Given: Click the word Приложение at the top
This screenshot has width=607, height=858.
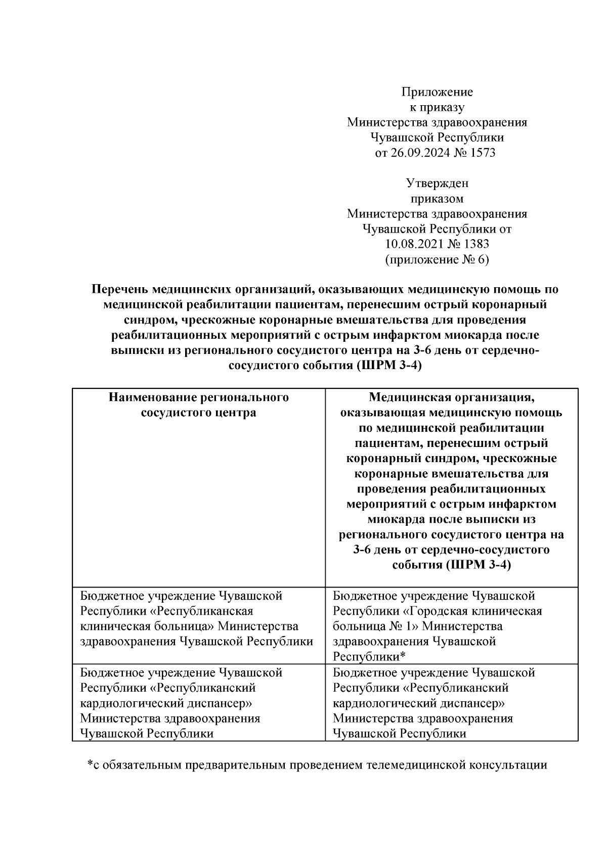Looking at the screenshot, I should point(437,92).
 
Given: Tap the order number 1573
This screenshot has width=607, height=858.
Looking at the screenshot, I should point(483,153).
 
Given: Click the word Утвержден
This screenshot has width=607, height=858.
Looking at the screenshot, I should point(437,183).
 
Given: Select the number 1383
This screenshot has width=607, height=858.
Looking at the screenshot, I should point(475,244).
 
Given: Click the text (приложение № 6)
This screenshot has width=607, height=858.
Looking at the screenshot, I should point(437,260).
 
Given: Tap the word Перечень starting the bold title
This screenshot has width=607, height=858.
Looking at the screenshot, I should point(120,290).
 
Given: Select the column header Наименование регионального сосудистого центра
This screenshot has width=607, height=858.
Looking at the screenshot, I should point(198,405).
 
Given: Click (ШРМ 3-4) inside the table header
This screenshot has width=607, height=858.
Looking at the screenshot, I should point(479,565).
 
